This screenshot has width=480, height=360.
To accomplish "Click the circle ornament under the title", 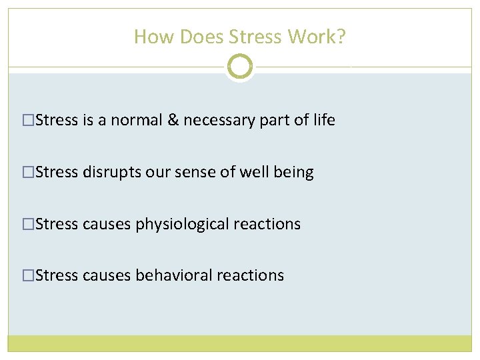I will [x=239, y=67].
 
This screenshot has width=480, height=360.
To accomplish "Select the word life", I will [x=324, y=120].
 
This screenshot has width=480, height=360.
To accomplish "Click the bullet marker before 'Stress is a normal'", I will [x=28, y=121].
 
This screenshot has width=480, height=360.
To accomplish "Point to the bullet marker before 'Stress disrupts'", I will [x=28, y=173].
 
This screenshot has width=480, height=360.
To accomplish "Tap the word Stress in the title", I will [x=257, y=37].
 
